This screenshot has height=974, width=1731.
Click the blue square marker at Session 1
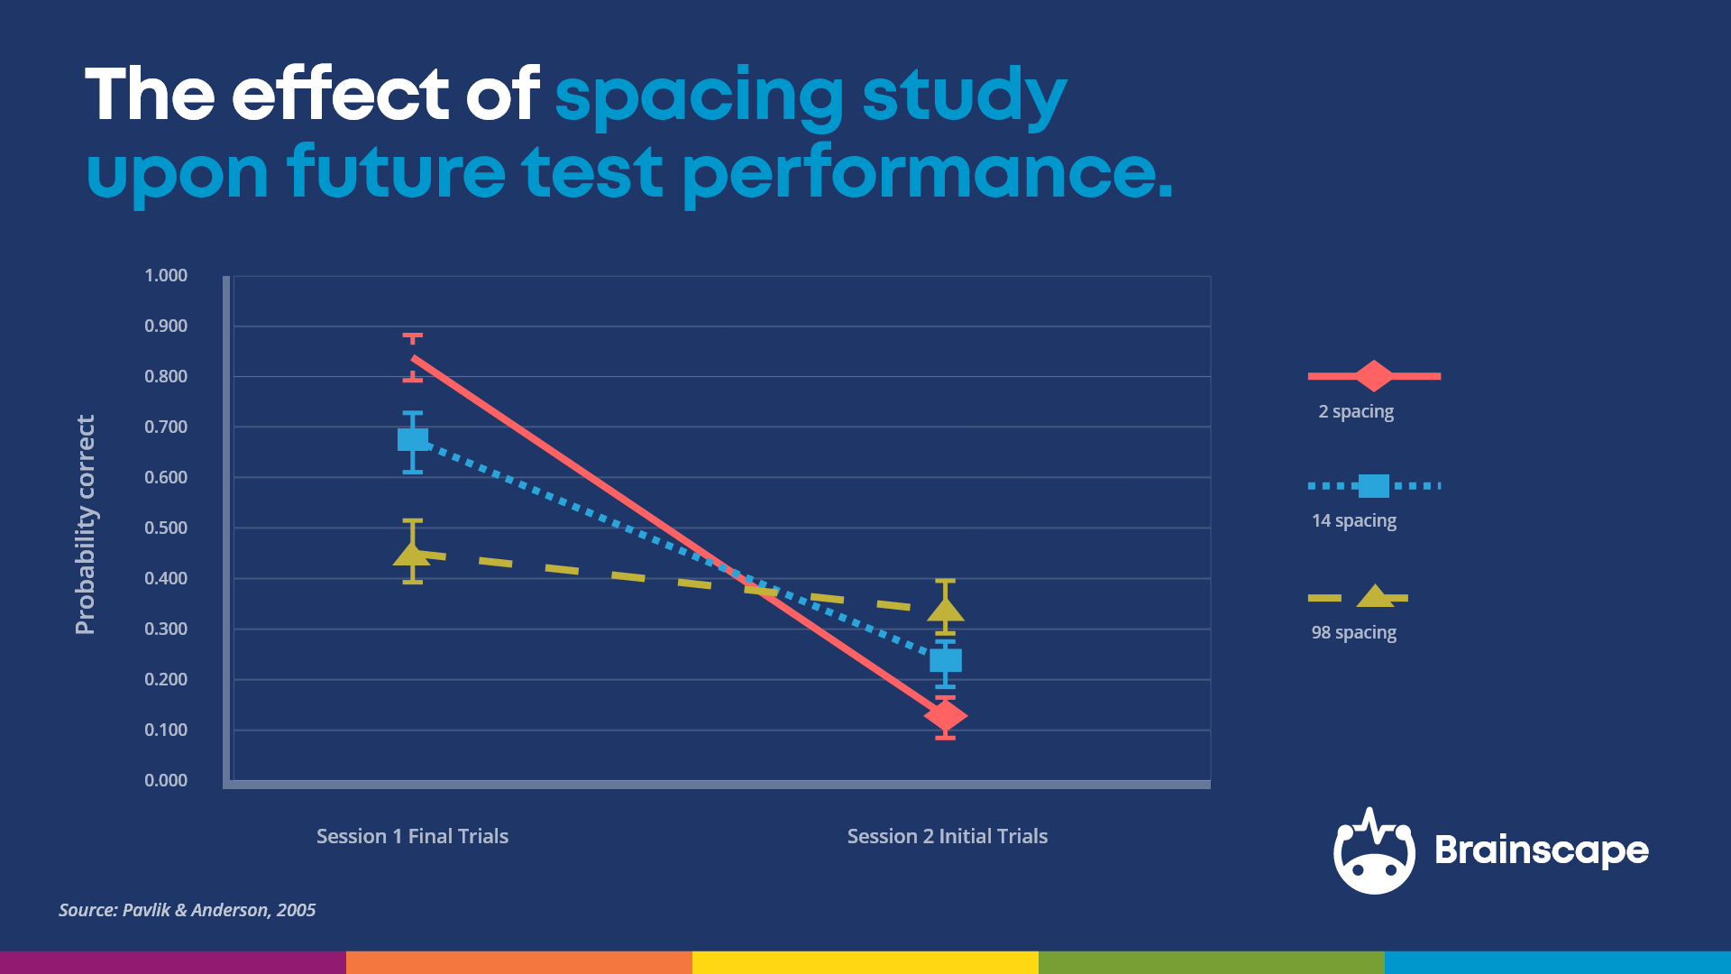click(413, 440)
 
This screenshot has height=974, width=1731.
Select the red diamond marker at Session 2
click(945, 715)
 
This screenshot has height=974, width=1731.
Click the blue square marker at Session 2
click(945, 661)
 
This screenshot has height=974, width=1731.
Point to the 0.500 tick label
click(166, 528)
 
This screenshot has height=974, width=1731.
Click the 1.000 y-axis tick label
click(166, 275)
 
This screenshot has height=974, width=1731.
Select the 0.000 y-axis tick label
click(166, 780)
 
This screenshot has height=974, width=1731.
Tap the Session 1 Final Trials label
click(412, 836)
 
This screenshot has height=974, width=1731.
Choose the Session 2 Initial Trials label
click(947, 836)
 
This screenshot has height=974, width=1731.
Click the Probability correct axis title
click(85, 525)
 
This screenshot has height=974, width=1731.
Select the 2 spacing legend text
click(1355, 411)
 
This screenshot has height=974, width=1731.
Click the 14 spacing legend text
click(1353, 520)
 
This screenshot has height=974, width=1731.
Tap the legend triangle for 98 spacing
click(1375, 596)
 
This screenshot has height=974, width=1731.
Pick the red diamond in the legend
click(1373, 375)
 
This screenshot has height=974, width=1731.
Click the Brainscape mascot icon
click(1374, 852)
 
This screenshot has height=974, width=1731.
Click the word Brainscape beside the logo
click(1541, 850)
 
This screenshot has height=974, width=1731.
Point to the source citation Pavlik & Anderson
click(188, 910)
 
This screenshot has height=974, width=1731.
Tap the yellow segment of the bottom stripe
click(865, 962)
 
